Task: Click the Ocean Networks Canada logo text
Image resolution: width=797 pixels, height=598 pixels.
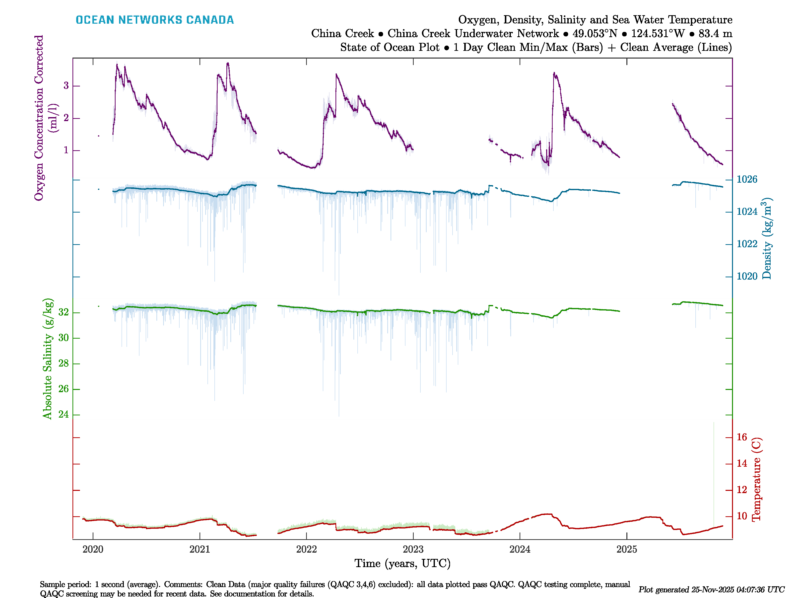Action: point(155,20)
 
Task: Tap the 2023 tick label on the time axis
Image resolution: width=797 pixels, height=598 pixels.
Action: point(413,549)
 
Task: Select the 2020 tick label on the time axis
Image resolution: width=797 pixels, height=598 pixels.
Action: point(93,549)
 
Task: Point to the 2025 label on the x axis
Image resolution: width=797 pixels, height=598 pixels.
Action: point(627,549)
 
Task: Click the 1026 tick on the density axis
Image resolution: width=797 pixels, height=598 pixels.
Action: point(747,179)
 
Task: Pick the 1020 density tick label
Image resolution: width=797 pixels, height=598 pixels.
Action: point(747,277)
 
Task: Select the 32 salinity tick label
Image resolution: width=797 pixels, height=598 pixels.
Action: point(64,312)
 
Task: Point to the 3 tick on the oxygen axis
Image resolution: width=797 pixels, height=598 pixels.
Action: point(66,86)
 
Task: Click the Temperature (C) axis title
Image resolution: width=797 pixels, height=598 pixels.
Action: point(756,479)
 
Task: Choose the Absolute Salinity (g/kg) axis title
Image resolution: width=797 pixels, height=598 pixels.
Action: point(48,359)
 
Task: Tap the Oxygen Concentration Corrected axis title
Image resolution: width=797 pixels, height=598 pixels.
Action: point(39,118)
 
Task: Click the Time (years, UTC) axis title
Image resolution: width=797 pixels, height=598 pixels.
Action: point(402,563)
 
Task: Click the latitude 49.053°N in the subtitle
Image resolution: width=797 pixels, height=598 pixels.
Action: point(595,34)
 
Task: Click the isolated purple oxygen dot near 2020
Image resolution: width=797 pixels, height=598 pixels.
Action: point(99,136)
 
